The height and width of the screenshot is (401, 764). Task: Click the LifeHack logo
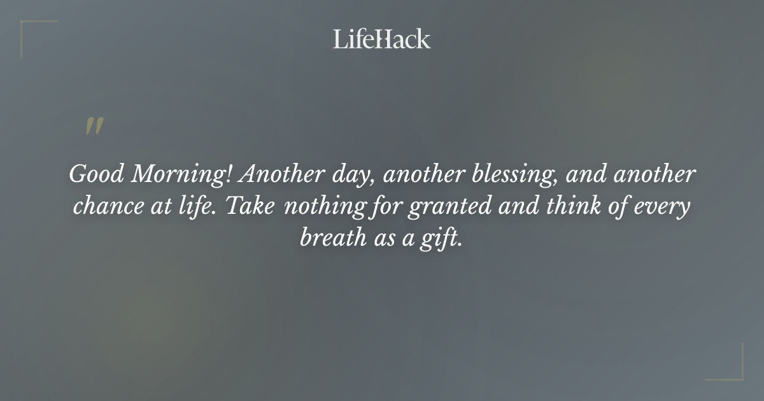(x=382, y=39)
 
